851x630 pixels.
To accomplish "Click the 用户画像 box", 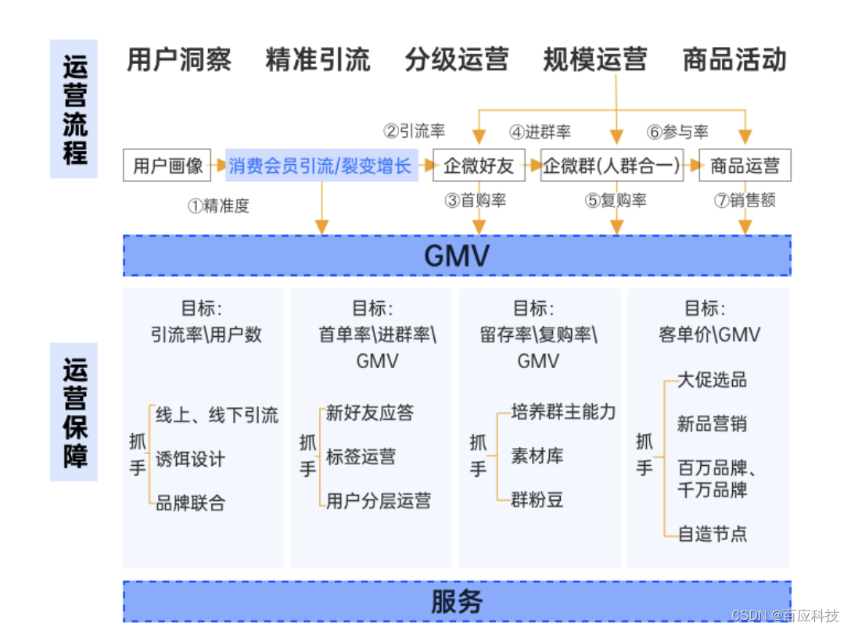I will point(168,166).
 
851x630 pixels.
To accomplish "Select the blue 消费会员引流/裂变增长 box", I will point(321,166).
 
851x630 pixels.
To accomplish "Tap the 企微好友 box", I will point(479,166).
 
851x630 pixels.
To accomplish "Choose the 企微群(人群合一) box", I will point(612,166).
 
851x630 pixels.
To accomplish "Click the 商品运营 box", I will point(745,166).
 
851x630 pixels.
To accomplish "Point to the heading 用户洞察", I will point(179,60).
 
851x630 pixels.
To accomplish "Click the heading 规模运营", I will point(595,60).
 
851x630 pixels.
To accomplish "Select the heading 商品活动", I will point(734,60).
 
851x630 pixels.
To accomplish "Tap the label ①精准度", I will point(218,206).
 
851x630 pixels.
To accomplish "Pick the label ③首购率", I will point(476,201).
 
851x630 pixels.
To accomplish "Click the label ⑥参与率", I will point(677,132).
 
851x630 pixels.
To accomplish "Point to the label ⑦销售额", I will point(745,201).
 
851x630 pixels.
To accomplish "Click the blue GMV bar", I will point(457,256).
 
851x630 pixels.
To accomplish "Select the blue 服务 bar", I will point(457,601).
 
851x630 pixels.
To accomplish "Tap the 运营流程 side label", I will point(74,109).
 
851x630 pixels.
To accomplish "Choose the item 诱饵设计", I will point(190,459).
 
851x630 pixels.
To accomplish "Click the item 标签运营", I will point(361,456).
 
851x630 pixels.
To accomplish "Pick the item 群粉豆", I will point(537,499).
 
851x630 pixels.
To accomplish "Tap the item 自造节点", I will point(712,534).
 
